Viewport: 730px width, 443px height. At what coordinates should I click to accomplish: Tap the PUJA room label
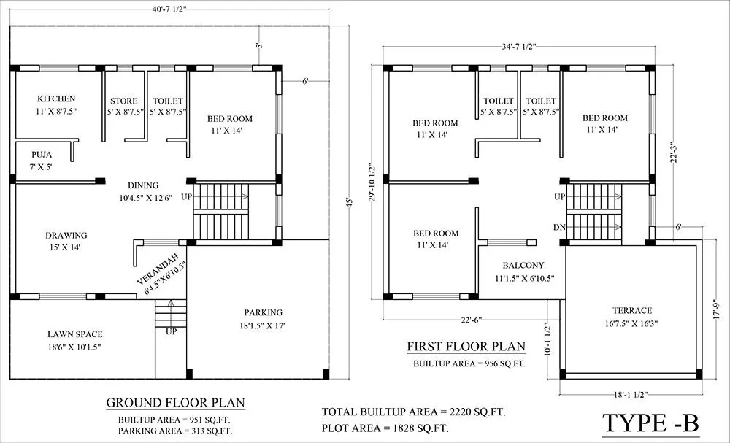41,155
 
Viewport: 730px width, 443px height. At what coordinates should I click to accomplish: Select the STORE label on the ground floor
123,101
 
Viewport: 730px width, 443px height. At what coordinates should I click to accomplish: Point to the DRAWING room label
66,236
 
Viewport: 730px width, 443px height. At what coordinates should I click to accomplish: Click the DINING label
143,185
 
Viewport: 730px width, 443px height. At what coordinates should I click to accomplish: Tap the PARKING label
264,312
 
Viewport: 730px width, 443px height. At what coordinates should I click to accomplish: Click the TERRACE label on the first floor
627,310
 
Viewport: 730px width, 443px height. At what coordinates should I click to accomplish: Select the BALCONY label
523,266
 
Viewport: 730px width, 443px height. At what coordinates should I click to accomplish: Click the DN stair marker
559,228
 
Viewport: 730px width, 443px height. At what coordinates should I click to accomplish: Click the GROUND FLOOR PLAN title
175,403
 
